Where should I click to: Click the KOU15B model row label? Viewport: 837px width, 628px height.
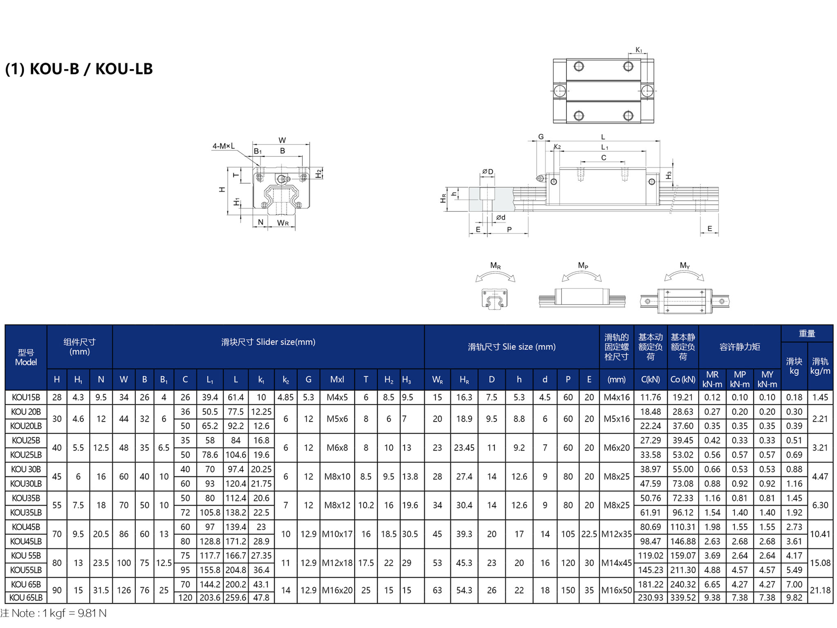coord(26,397)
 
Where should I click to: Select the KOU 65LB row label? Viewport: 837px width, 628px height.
coord(26,597)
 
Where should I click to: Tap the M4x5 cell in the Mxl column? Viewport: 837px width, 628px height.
coord(337,397)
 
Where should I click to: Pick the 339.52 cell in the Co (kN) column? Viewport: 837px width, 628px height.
coord(683,597)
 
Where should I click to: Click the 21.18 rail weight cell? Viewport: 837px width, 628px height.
coord(820,590)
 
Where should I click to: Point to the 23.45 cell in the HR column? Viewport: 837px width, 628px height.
coord(464,448)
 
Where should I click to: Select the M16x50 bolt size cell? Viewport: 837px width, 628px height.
coord(617,590)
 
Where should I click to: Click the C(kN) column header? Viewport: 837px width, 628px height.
coord(650,379)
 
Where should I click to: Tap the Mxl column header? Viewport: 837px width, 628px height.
coord(337,379)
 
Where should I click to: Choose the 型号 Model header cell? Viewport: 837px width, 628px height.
coord(26,357)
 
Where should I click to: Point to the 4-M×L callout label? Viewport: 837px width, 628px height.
coord(224,146)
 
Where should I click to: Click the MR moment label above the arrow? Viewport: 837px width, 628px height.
coord(495,266)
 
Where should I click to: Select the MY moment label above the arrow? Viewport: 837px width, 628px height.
coord(685,266)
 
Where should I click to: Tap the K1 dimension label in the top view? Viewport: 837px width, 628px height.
coord(639,50)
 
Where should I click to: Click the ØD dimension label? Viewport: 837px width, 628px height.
coord(488,172)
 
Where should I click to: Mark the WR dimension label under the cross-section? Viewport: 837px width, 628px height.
coord(283,223)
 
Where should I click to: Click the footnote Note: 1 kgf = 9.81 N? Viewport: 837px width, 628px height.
coord(54,613)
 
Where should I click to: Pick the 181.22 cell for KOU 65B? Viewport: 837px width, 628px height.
coord(650,585)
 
